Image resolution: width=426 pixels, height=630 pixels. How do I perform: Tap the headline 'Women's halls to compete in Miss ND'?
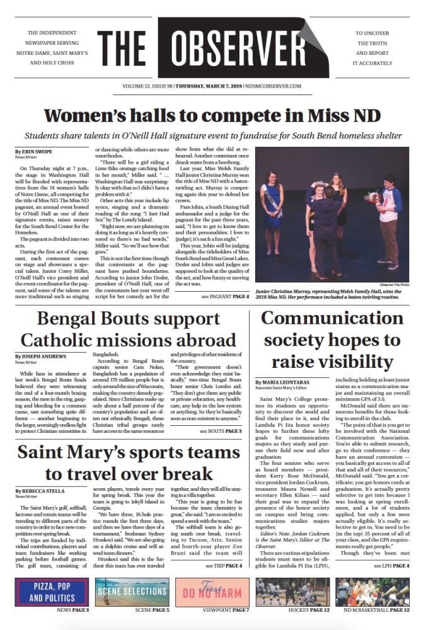click(213, 116)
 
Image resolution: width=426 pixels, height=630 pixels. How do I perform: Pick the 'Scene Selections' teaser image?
click(131, 592)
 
